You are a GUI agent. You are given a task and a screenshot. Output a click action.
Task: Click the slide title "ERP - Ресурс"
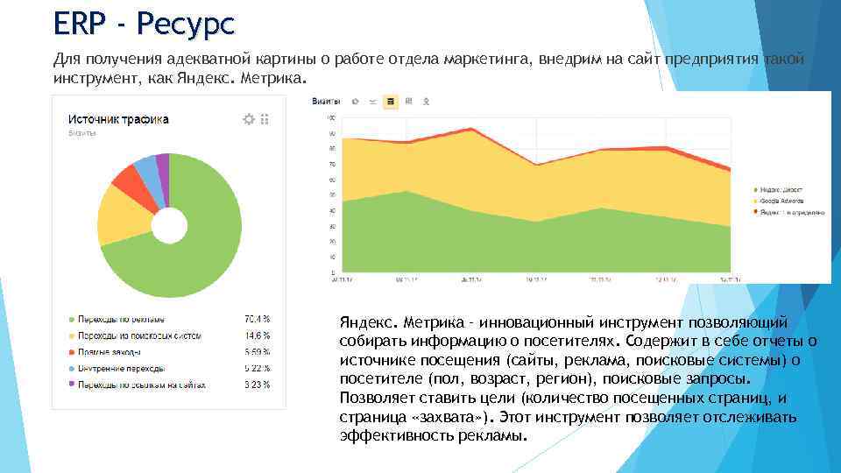click(144, 24)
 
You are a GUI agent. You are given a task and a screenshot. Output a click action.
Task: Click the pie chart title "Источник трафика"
click(119, 119)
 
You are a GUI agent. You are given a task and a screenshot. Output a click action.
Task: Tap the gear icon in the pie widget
click(248, 119)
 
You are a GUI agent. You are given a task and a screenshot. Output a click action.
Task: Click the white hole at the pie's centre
click(169, 226)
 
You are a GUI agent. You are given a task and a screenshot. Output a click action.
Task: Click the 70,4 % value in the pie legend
click(257, 319)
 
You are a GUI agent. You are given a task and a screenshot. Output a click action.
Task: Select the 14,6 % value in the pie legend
click(257, 335)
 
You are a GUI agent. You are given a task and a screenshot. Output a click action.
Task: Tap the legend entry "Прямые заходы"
click(109, 352)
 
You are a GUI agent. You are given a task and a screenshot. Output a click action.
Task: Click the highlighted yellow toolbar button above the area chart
click(391, 102)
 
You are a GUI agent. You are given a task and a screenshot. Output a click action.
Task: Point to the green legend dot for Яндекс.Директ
click(755, 189)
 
